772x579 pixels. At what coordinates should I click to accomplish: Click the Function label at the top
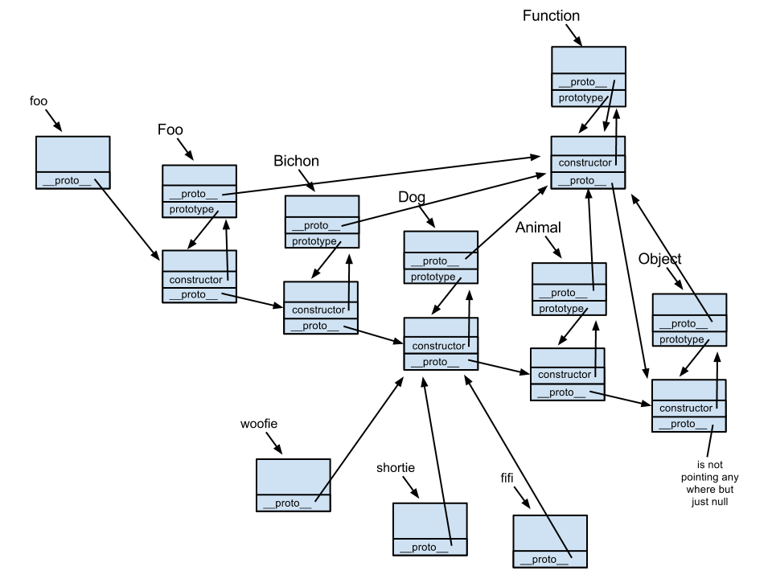click(551, 15)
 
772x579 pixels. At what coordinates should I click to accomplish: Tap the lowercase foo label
click(38, 101)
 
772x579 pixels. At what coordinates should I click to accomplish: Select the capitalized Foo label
click(170, 129)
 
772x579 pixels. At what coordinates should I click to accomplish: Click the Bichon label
click(296, 161)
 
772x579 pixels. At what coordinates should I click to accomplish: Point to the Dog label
click(413, 196)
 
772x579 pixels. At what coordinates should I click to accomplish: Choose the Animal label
click(537, 228)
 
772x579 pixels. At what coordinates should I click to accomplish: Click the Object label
click(659, 259)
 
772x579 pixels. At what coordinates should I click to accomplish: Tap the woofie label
click(259, 423)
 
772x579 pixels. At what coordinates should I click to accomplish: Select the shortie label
click(395, 468)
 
